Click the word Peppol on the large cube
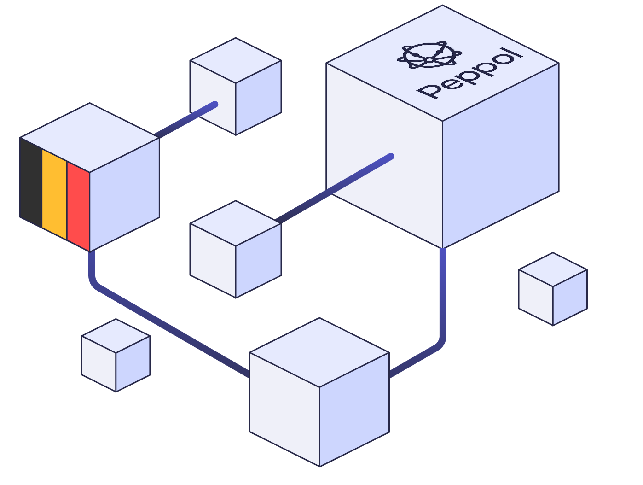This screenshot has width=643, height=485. pyautogui.click(x=469, y=73)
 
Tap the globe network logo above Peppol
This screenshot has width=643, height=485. pyautogui.click(x=429, y=55)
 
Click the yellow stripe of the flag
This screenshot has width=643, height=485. pyautogui.click(x=54, y=194)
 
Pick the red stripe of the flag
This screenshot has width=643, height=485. pyautogui.click(x=78, y=206)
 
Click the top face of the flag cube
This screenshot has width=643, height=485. pyautogui.click(x=90, y=137)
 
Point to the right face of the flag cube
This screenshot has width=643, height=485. pyautogui.click(x=124, y=194)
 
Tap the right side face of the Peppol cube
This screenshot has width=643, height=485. pyautogui.click(x=500, y=156)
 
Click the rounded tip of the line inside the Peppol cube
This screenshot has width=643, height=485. pyautogui.click(x=391, y=157)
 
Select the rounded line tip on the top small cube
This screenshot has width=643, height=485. pyautogui.click(x=215, y=104)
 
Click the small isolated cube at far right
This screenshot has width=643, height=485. pyautogui.click(x=553, y=289)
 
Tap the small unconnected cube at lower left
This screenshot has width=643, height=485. pyautogui.click(x=116, y=355)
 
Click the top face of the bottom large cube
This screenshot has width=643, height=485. pyautogui.click(x=319, y=352)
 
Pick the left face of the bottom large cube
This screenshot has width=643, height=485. pyautogui.click(x=284, y=409)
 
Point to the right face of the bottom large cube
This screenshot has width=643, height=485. pyautogui.click(x=354, y=409)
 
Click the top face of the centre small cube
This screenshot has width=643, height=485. pyautogui.click(x=236, y=223)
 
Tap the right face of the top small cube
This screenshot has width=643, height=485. pyautogui.click(x=258, y=98)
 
